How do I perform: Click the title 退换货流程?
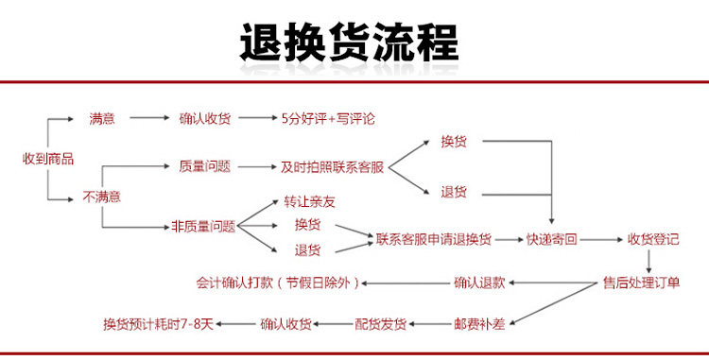pos(349,43)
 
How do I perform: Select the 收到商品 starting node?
pos(48,159)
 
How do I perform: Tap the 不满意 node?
pos(102,197)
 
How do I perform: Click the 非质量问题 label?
pos(203,226)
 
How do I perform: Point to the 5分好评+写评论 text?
pos(328,119)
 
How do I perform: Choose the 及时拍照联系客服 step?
pos(333,167)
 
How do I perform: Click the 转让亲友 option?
pos(310,202)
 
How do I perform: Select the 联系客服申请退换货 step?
pos(434,239)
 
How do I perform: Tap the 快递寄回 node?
pos(552,239)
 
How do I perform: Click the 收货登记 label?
pos(653,239)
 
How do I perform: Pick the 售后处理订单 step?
pos(642,283)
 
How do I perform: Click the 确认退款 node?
pos(479,283)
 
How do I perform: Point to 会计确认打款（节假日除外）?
pos(278,283)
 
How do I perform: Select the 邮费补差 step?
pos(479,324)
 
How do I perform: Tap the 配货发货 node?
pos(380,324)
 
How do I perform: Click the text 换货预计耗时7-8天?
pos(158,324)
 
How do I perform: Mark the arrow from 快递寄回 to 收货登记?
pos(601,239)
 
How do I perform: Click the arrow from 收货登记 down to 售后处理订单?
pos(648,261)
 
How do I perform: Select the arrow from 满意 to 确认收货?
pos(149,118)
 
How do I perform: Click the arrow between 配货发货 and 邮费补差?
pos(430,324)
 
